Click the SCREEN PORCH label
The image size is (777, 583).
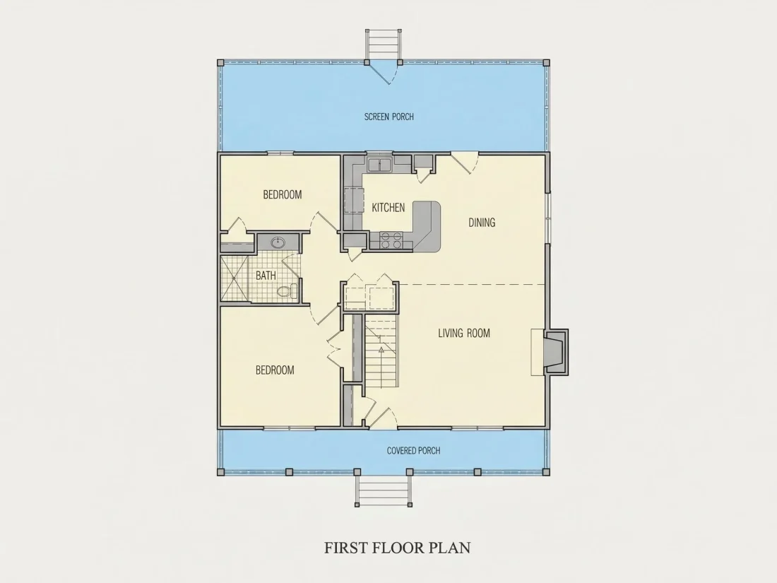coord(389,117)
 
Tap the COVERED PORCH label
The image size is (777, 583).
coord(413,451)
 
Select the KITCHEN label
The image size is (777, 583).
coord(388,208)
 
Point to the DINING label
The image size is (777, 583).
coord(482,223)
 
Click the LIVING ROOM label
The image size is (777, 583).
coord(464,333)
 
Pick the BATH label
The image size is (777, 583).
coord(266,276)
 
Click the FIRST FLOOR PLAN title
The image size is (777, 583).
coord(398,548)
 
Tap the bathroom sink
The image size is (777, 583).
coord(278,242)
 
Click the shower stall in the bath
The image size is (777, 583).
coord(234,278)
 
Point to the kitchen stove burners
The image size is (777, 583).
coord(391,240)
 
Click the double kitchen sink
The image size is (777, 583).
coord(379,164)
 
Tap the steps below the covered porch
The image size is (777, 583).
coord(383,489)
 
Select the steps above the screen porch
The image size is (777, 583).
coord(384,44)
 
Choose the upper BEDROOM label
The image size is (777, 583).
coord(282,195)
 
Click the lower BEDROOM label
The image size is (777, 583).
coord(275,370)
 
